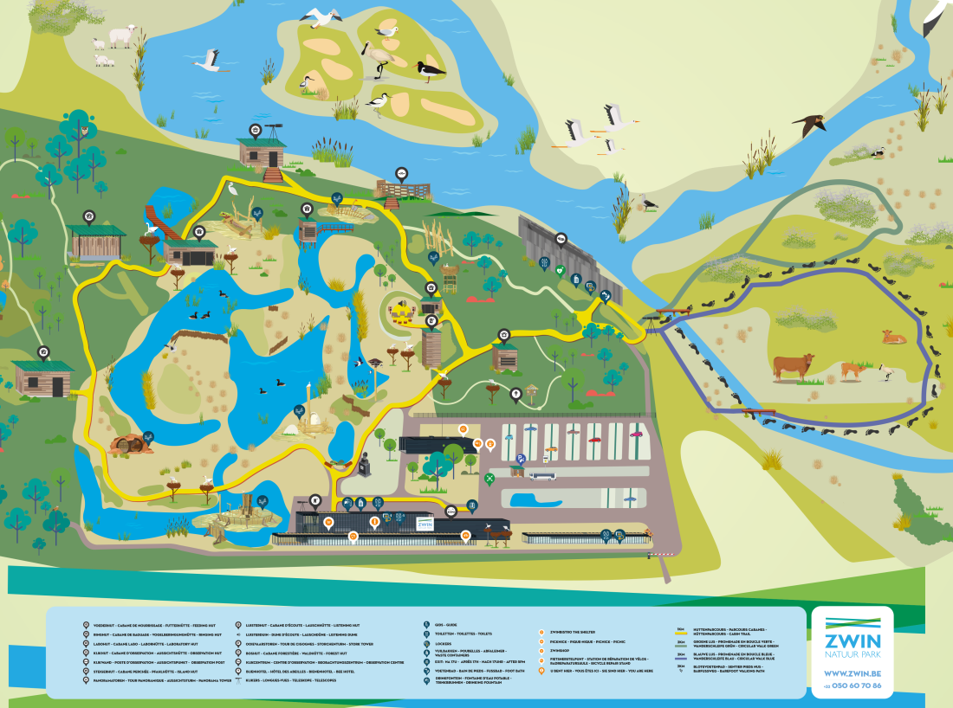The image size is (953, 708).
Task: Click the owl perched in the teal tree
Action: (85, 132)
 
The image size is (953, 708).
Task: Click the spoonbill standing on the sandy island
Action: (378, 54)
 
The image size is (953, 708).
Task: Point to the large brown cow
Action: (793, 366)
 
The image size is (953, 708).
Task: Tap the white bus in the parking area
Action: (543, 475)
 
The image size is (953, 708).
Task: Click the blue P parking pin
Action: (521, 460)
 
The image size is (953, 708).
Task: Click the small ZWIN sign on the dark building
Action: (425, 524)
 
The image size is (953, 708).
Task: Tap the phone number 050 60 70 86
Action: (854, 685)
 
